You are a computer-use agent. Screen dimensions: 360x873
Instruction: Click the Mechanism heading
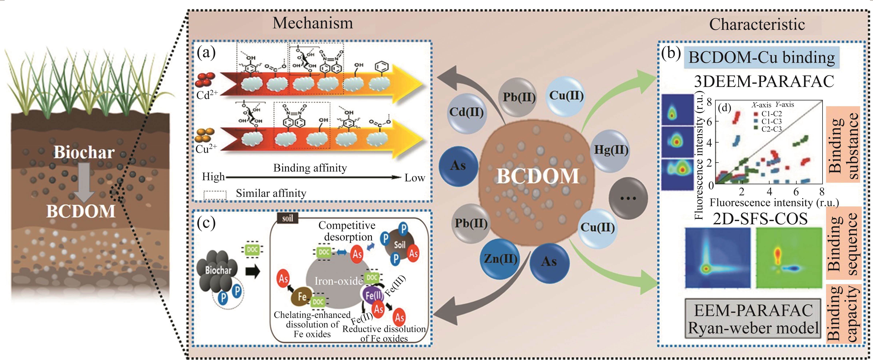pos(312,23)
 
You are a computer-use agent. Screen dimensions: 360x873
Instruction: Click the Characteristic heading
pos(757,24)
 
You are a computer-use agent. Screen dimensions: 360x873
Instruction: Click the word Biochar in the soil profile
pos(84,153)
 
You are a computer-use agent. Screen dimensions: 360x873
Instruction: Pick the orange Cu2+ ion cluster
pos(205,135)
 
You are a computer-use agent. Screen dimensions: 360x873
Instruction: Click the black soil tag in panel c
pos(287,218)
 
